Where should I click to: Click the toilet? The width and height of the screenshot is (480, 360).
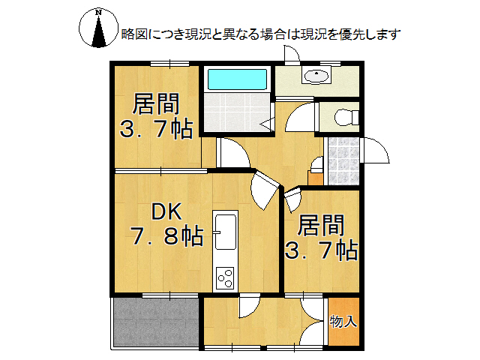[x=344, y=118]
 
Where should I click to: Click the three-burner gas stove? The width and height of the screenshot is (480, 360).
[x=226, y=276]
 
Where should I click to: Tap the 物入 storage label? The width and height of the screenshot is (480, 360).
[x=343, y=322]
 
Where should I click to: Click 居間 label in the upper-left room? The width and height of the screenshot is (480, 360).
[x=156, y=103]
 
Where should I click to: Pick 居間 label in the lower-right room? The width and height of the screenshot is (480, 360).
[x=321, y=224]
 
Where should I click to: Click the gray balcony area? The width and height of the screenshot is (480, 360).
[x=155, y=321]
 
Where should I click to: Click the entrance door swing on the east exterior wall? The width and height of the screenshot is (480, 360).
[x=375, y=153]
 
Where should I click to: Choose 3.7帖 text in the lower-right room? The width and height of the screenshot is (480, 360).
[x=321, y=250]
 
